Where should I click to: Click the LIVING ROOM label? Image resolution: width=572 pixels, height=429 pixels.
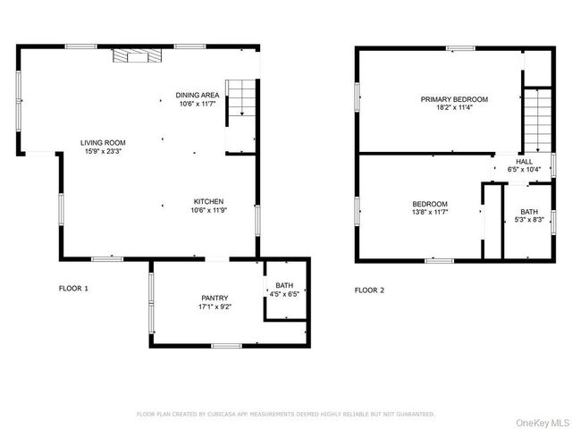103,142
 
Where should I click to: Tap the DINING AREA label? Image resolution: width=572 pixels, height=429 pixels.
198,96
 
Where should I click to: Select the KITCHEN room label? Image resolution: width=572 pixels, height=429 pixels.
207,202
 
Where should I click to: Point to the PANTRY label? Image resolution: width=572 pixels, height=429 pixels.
214,298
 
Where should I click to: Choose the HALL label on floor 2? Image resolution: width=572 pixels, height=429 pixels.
525,161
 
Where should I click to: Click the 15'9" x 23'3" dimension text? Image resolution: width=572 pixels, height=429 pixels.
103,151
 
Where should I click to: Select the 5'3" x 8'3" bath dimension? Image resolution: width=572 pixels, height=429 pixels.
530,220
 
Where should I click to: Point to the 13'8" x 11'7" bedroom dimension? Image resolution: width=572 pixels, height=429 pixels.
430,213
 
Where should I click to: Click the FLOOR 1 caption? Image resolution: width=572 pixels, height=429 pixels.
73,289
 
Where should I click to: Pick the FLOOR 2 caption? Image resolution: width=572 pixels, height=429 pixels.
369,290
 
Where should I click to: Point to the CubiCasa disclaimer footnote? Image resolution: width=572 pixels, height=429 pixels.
285,414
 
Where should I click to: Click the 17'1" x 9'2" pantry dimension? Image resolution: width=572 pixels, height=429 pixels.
214,307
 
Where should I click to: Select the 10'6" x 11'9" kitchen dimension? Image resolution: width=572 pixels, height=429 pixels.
207,211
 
